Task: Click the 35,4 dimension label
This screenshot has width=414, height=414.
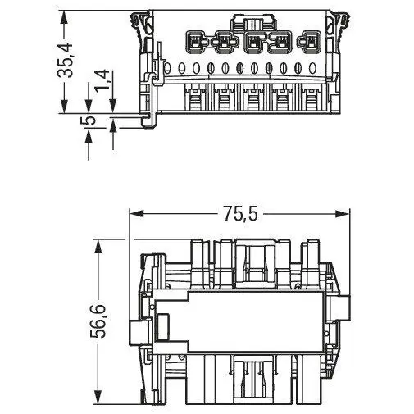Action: [x=65, y=60]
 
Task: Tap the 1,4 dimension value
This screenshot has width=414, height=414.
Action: [x=102, y=80]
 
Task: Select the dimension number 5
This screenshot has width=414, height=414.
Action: [x=89, y=121]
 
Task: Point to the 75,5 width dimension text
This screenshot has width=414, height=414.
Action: [x=241, y=213]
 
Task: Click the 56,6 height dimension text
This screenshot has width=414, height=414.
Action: [x=98, y=321]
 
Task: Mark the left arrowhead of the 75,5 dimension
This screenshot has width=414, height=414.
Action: [x=136, y=214]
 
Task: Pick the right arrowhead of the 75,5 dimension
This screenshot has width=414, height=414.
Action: [x=343, y=214]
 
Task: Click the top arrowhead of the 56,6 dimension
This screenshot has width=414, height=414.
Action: [x=98, y=247]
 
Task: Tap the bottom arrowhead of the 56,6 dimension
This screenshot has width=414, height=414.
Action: [x=98, y=397]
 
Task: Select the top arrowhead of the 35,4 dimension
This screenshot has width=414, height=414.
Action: [x=64, y=18]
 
